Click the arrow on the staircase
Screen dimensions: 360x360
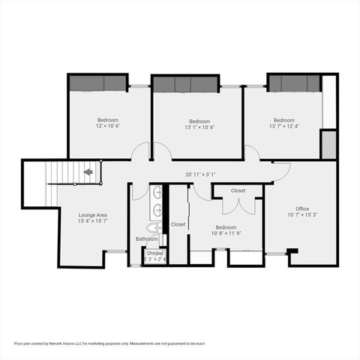point(88,172)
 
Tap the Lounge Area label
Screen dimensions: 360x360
point(92,214)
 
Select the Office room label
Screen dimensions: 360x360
point(302,208)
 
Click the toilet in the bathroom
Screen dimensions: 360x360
point(153,227)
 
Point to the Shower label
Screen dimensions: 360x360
point(154,253)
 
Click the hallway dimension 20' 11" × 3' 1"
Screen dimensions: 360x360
point(200,174)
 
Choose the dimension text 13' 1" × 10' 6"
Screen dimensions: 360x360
point(199,127)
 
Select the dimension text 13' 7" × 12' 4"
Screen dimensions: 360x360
point(283,126)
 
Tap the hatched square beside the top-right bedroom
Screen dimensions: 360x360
point(328,144)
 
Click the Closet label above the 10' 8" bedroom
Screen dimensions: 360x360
point(238,190)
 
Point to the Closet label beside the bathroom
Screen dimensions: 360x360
point(178,224)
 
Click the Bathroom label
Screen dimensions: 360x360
point(146,239)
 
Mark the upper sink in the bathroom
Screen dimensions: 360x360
point(157,192)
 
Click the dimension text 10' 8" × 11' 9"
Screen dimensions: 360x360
point(226,233)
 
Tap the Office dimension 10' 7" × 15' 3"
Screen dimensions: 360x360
point(302,215)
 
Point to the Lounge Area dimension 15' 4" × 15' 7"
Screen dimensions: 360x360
point(92,221)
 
